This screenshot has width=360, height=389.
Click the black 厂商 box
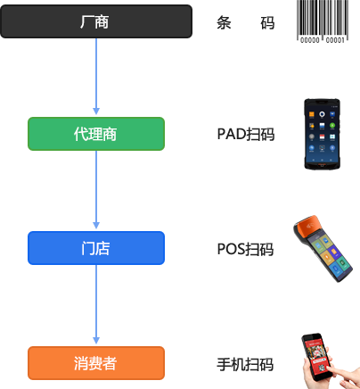tap(96, 21)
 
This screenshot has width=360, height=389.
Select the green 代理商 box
tap(96, 134)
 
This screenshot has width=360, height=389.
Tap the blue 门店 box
tap(96, 248)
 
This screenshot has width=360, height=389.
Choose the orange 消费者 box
tap(96, 363)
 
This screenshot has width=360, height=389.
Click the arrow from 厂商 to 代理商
tap(96, 77)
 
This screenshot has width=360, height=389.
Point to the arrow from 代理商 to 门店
tap(96, 190)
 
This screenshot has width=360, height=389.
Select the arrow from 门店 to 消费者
tap(96, 304)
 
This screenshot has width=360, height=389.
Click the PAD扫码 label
tap(246, 134)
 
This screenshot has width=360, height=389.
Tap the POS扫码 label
tap(245, 249)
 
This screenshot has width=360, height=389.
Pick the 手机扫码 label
tap(245, 364)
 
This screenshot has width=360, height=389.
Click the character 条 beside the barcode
tap(224, 23)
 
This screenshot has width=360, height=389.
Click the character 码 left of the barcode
tap(267, 23)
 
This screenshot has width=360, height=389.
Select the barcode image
tap(323, 21)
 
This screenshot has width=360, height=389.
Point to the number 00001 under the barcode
tap(335, 40)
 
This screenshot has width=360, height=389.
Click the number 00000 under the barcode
tap(310, 40)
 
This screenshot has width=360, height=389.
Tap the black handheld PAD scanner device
tap(322, 134)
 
